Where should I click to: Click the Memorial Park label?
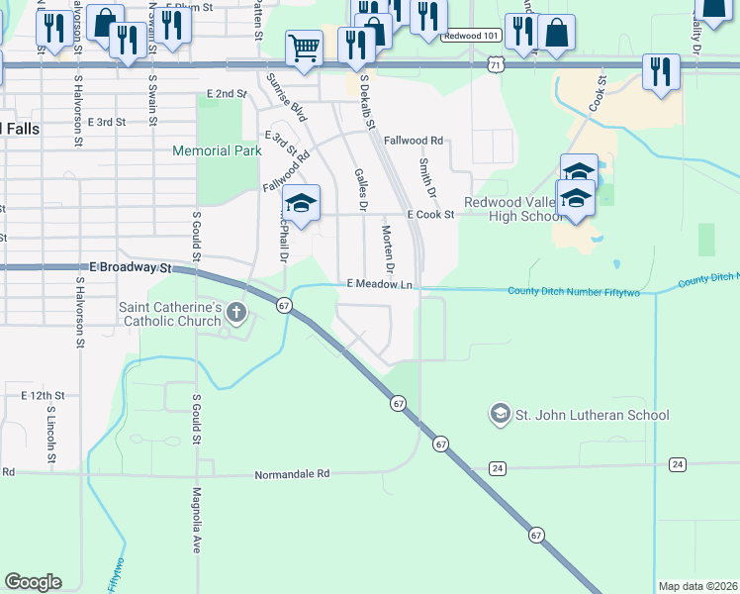click(x=217, y=151)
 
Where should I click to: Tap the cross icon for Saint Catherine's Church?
click(x=235, y=314)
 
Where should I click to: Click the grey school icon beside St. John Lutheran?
click(x=501, y=413)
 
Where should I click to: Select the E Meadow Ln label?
click(x=379, y=284)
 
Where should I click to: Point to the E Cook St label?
click(x=430, y=214)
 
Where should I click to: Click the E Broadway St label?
click(x=131, y=267)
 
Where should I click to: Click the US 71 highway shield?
click(x=495, y=63)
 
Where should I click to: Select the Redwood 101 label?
click(x=473, y=35)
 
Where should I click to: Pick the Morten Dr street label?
click(x=389, y=250)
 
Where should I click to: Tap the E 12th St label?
click(x=43, y=395)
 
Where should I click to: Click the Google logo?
click(x=33, y=582)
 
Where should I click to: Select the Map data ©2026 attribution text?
click(x=696, y=586)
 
